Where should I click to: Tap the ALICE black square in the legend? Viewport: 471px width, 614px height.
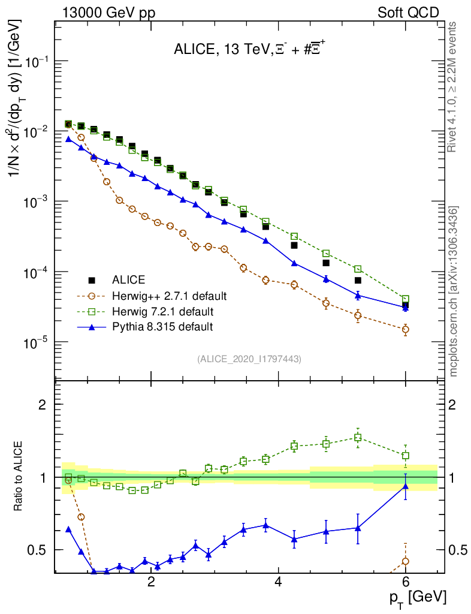(x=92, y=280)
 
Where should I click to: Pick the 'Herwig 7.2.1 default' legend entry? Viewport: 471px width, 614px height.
(x=162, y=311)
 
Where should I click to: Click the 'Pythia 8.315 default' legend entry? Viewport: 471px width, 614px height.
(x=162, y=327)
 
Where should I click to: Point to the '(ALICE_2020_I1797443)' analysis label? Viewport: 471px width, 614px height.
(x=249, y=359)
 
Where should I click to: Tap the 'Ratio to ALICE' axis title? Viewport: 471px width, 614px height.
(x=19, y=477)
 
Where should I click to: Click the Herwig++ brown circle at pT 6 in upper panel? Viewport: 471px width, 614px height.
(x=405, y=329)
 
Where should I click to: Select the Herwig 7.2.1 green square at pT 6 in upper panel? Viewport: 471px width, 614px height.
(x=405, y=299)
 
